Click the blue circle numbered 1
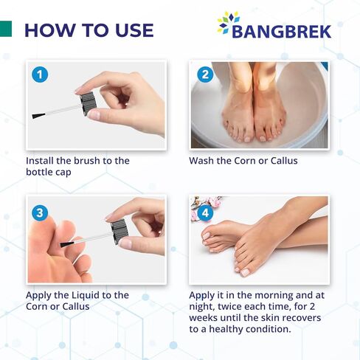pos(40,75)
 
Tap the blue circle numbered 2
pos(205,75)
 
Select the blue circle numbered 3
pos(40,213)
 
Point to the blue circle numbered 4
pos(205,213)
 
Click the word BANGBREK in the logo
pos(281,32)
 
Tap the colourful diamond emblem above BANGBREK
pos(228,21)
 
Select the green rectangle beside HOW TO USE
pos(6,29)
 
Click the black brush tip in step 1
pos(38,116)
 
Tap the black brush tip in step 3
pos(67,244)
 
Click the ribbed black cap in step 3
pos(119,231)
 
